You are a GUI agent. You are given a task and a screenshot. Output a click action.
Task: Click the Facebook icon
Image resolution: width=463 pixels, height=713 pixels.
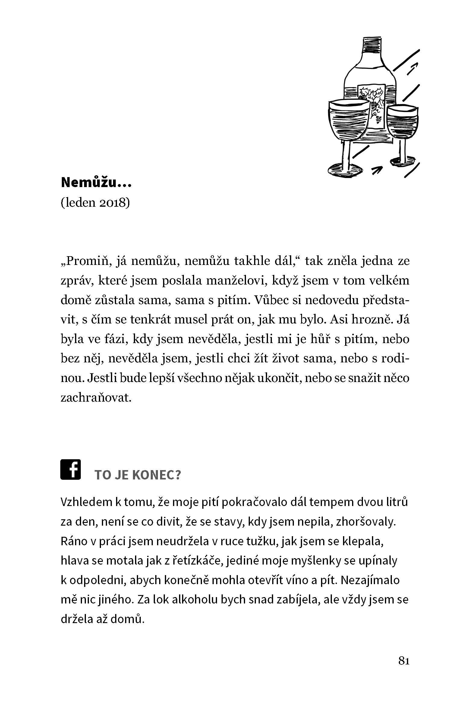pos(71,469)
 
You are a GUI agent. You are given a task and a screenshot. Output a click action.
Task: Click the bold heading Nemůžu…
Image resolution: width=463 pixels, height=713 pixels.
pos(96,183)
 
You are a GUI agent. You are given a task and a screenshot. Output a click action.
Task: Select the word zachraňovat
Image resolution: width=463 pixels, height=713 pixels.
pos(96,398)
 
